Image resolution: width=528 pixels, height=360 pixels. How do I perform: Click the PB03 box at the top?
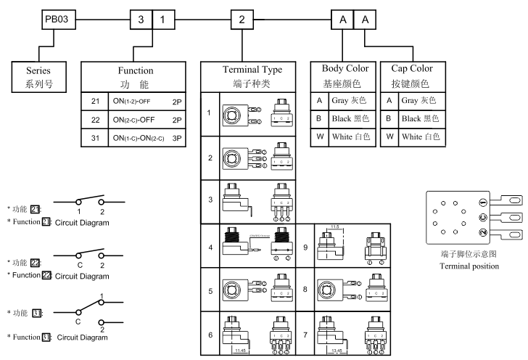coord(56,18)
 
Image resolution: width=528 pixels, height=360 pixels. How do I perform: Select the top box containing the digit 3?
coord(141,18)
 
